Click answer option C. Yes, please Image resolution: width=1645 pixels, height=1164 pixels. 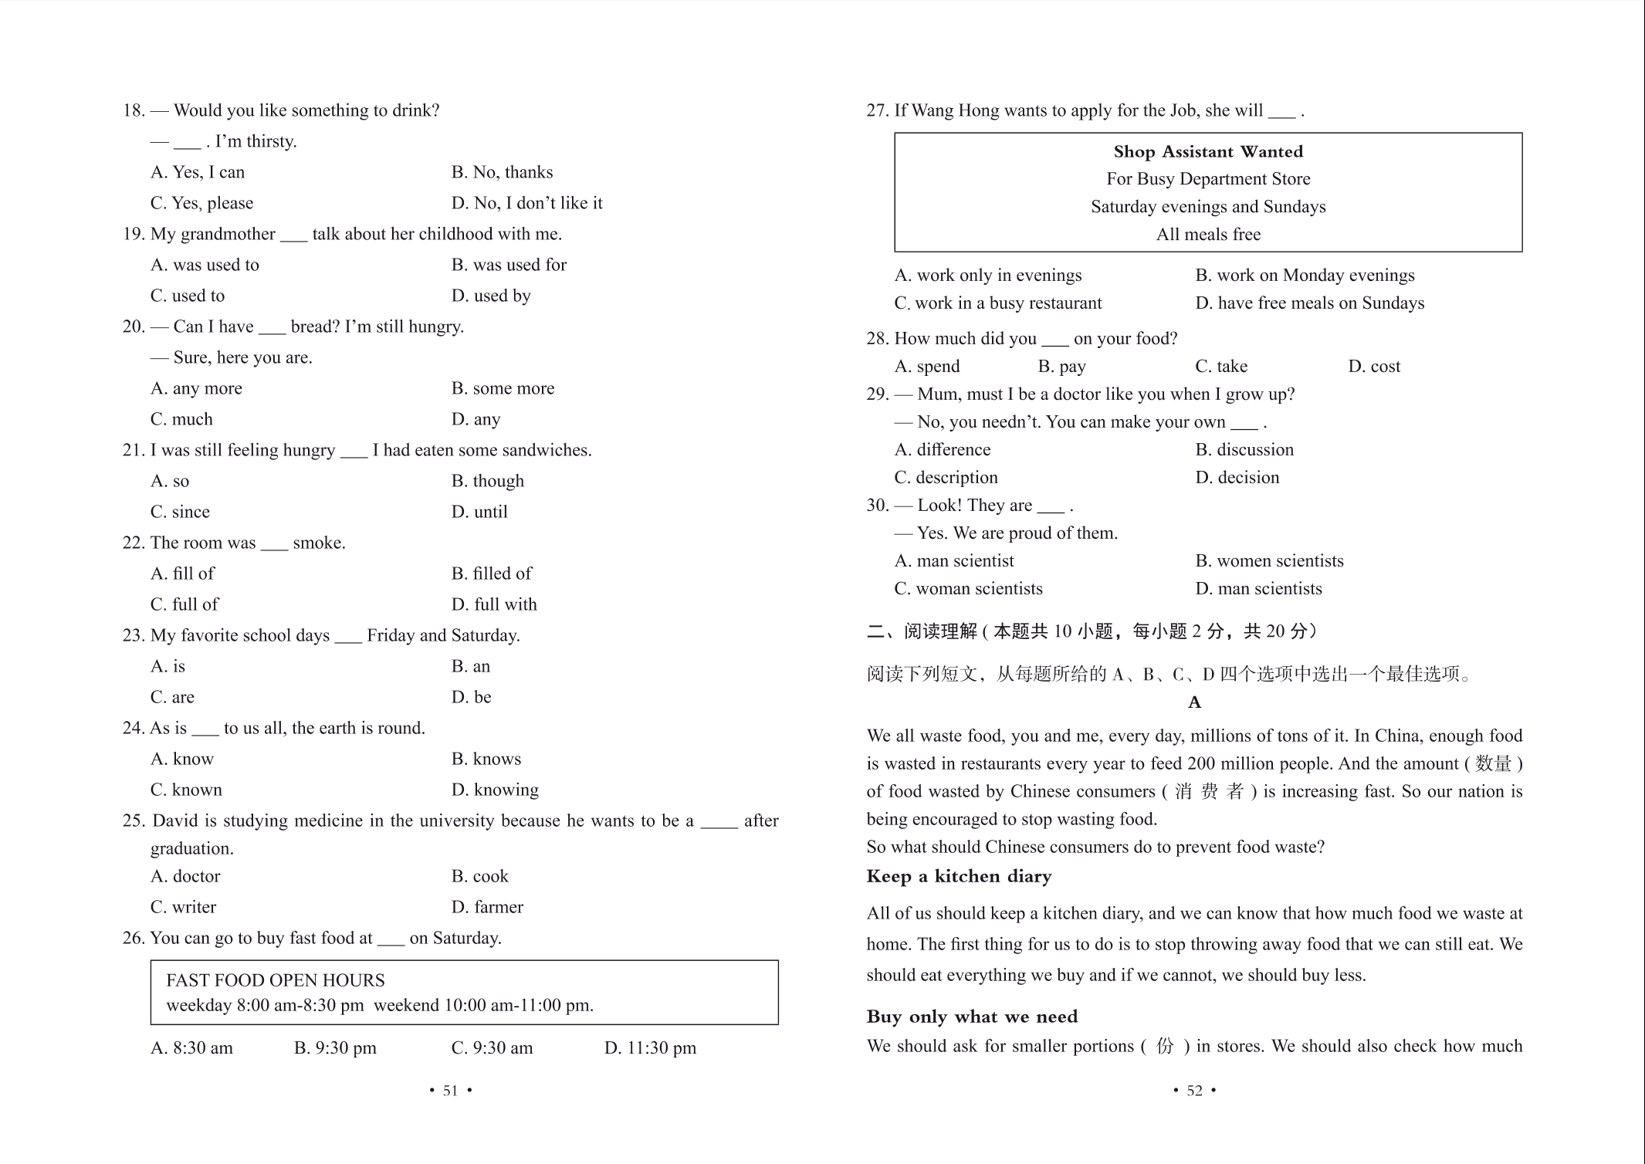pos(201,203)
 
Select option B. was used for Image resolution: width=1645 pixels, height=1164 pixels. pos(509,265)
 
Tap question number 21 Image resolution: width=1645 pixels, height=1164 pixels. pos(134,450)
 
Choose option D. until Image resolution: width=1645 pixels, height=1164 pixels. pos(479,512)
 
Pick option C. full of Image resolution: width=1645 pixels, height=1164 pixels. pos(184,604)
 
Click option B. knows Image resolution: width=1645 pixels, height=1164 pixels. pos(486,759)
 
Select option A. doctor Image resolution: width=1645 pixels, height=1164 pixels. pos(185,876)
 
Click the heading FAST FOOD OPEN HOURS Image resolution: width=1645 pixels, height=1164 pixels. pos(276,980)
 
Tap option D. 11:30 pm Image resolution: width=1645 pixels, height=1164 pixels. pos(650,1048)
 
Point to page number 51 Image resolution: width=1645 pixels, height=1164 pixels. pos(450,1091)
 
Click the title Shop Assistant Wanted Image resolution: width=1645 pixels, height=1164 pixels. pos(1208,151)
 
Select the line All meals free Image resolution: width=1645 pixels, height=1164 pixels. pos(1208,235)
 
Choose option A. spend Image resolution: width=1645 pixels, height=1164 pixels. pos(927,367)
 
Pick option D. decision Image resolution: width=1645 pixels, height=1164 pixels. pos(1237,478)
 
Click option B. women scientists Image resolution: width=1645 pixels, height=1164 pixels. pos(1269,561)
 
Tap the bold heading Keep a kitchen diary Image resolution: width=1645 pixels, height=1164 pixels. pos(959,876)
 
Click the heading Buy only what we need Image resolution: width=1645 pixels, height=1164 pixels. pos(972,1017)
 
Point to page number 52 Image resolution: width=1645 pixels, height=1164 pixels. pos(1194,1091)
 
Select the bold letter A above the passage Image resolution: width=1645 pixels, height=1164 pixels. pos(1194,702)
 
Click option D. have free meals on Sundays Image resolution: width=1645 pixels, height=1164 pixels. pos(1309,303)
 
